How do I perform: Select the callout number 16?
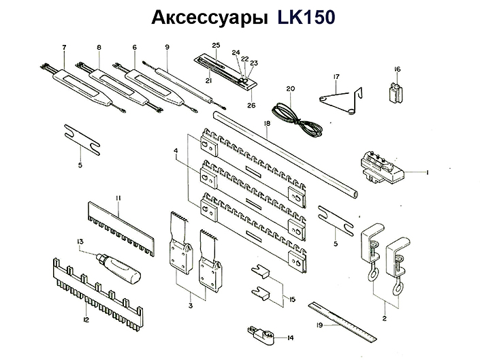pos(398,69)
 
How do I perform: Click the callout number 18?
pos(267,123)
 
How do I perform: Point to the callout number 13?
pos(80,241)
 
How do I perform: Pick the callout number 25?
pos(216,45)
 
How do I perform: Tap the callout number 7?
pos(63,47)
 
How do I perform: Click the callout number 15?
pos(292,299)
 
